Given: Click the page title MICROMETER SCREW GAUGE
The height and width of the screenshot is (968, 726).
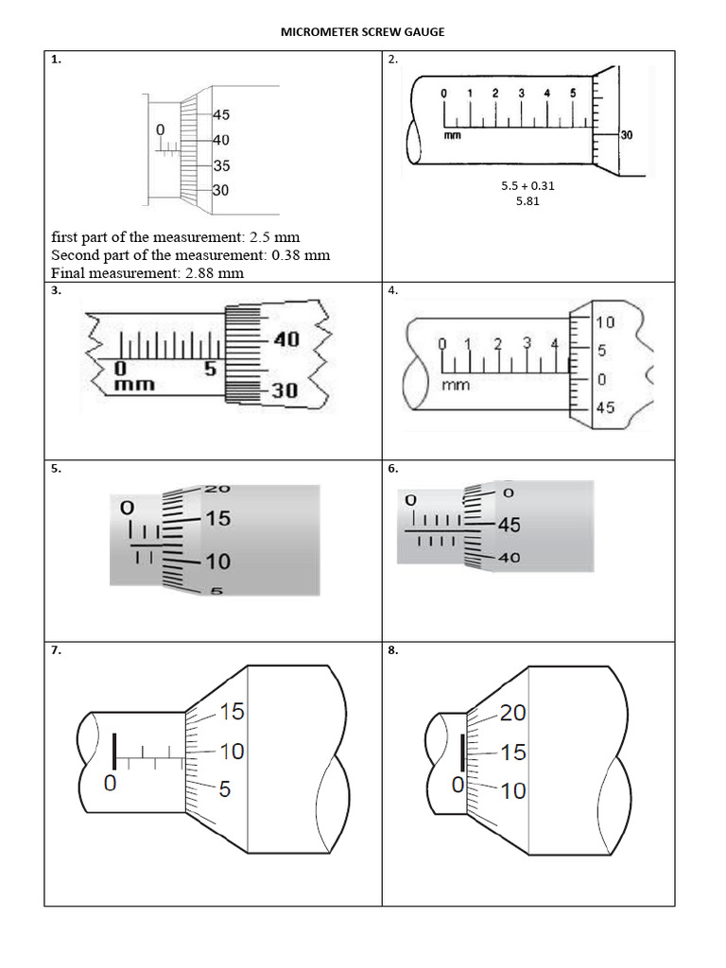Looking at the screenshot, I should pyautogui.click(x=363, y=32).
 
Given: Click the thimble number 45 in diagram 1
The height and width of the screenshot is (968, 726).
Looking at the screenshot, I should pyautogui.click(x=221, y=115).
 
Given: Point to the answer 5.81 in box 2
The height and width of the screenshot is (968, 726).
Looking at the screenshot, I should pyautogui.click(x=527, y=201).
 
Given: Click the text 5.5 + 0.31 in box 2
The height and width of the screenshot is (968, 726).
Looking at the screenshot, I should pyautogui.click(x=527, y=186).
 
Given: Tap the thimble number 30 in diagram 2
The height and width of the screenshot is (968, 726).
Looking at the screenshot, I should pyautogui.click(x=626, y=136).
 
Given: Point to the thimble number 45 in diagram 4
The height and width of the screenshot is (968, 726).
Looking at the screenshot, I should pyautogui.click(x=605, y=408).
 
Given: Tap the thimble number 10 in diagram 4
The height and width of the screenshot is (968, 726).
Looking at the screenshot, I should pyautogui.click(x=605, y=322).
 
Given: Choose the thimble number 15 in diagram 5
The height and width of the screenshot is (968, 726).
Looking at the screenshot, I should pyautogui.click(x=217, y=519).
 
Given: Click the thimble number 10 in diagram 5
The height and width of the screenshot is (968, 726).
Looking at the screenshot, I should pyautogui.click(x=217, y=562).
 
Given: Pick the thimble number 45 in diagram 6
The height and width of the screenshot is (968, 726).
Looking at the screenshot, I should pyautogui.click(x=509, y=526).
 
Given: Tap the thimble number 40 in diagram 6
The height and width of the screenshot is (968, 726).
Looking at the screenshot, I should pyautogui.click(x=508, y=558).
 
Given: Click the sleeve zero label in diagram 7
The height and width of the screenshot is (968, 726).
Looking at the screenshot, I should pyautogui.click(x=110, y=783).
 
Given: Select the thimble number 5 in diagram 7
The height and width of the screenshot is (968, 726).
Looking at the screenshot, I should pyautogui.click(x=224, y=788).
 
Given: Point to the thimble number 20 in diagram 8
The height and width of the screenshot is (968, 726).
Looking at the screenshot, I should pyautogui.click(x=512, y=714).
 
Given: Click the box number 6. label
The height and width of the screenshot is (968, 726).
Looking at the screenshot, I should pyautogui.click(x=393, y=468).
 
